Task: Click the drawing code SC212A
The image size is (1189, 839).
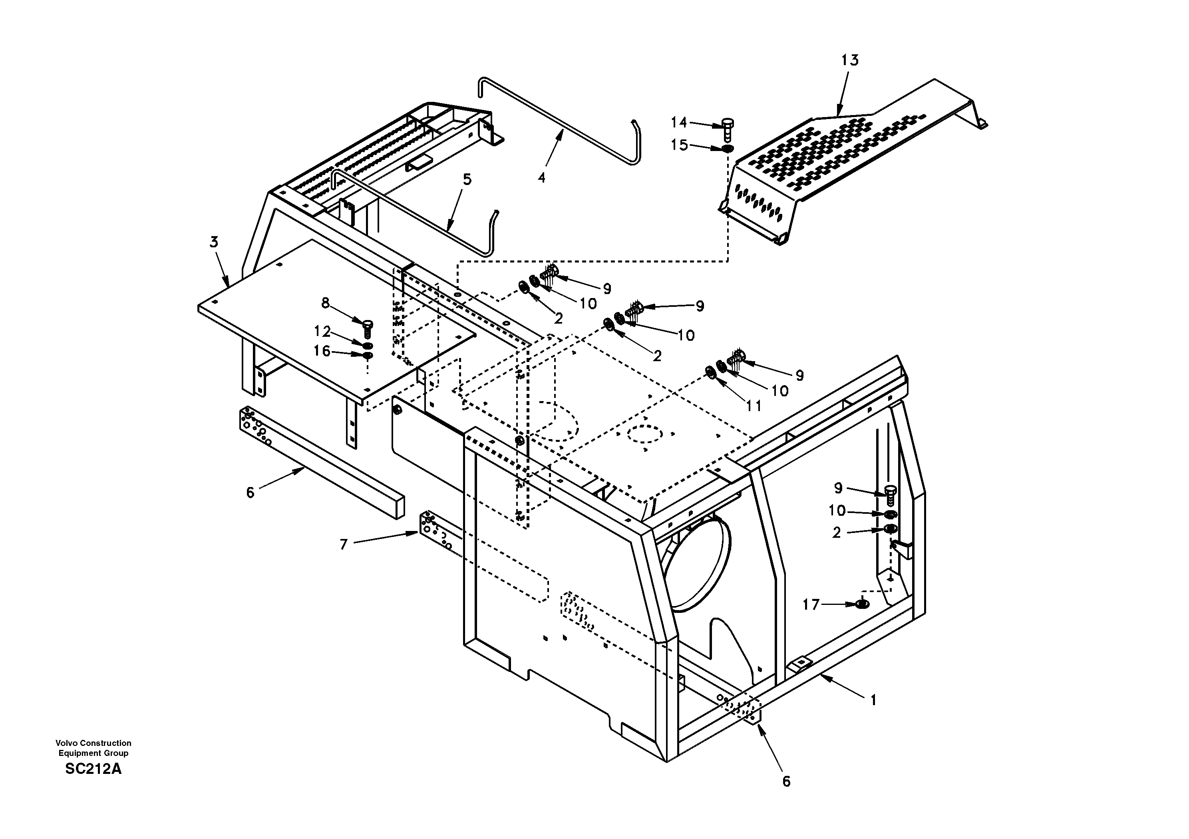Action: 93,769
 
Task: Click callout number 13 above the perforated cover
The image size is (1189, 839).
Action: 849,61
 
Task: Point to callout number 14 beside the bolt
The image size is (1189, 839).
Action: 678,122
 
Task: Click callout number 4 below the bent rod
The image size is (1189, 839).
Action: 541,178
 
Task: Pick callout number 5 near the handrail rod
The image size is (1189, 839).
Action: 467,180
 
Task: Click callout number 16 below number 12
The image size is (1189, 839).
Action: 322,351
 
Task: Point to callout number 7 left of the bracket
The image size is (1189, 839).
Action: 343,544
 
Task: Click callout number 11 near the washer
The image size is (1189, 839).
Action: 754,406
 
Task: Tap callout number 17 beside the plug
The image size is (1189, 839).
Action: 811,604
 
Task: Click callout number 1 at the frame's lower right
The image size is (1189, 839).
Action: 873,700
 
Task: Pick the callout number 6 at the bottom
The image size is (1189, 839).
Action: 786,781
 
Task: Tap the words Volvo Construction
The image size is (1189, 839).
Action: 93,743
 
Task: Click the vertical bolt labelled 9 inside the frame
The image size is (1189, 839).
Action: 890,495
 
